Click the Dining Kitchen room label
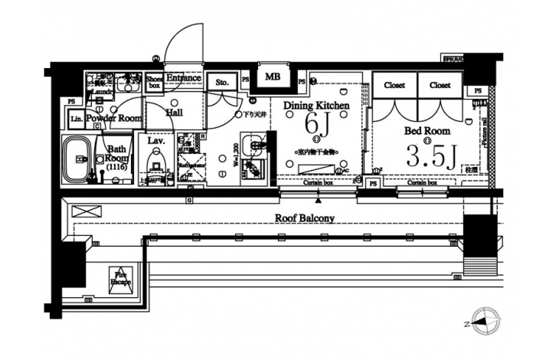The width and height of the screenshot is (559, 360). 316,105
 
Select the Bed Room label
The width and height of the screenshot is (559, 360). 427,130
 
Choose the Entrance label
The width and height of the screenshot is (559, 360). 184,77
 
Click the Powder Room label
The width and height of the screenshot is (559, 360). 113,119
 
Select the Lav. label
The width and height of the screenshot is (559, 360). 156,141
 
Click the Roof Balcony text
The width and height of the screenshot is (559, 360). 305,218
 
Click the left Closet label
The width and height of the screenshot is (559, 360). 394,85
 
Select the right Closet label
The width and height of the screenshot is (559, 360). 440,85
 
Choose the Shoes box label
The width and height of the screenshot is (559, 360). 153,81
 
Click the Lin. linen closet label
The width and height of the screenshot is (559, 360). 77,119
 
